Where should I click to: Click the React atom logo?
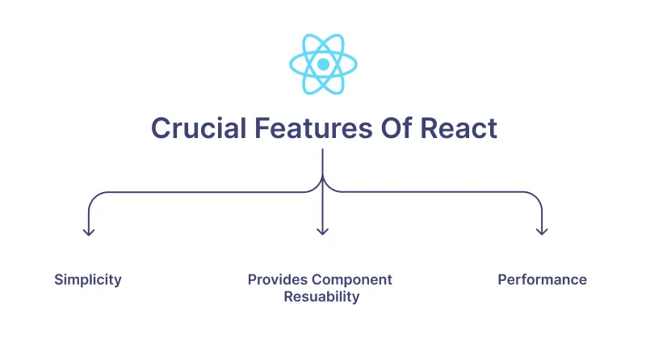(x=323, y=64)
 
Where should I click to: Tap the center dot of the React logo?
(x=323, y=64)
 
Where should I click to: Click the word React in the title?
(x=464, y=128)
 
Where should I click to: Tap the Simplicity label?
(x=88, y=280)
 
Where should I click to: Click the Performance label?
(x=542, y=280)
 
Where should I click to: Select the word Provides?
(x=278, y=280)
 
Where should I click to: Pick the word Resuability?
(x=321, y=297)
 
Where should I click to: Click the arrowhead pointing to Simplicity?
(x=89, y=232)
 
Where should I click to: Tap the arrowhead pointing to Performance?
(x=542, y=232)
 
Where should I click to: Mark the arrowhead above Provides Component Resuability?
(x=323, y=232)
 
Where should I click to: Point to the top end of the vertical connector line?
(x=323, y=150)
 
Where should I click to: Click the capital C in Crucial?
(x=161, y=128)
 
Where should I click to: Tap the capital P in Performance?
(x=502, y=280)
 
